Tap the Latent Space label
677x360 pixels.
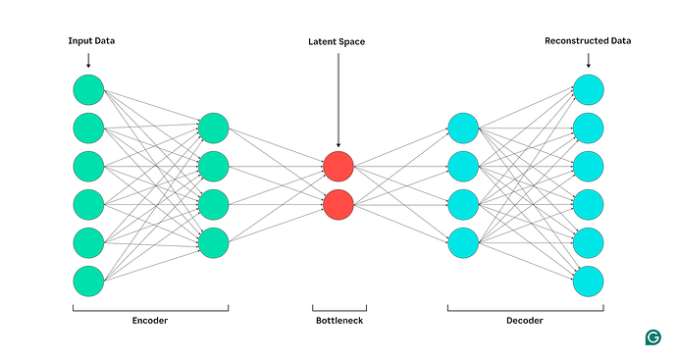tap(338, 41)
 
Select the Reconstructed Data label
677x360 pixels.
tap(589, 41)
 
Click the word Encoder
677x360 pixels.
tap(150, 321)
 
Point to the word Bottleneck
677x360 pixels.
tap(338, 321)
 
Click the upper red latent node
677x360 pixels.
tap(338, 166)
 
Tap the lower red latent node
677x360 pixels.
tap(338, 204)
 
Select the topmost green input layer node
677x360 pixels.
tap(87, 89)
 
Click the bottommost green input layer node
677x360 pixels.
tap(87, 281)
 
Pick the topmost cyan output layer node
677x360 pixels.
tap(589, 89)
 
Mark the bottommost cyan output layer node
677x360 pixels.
tap(589, 281)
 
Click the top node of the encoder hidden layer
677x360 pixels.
tap(213, 128)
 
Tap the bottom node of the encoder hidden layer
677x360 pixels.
tap(213, 242)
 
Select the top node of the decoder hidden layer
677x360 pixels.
tap(463, 128)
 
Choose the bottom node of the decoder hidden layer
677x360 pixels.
tap(463, 242)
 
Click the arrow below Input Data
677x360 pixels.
tap(87, 60)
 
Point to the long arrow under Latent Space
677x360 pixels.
tap(338, 98)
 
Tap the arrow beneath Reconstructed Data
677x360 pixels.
tap(589, 60)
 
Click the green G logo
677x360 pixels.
tap(652, 337)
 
